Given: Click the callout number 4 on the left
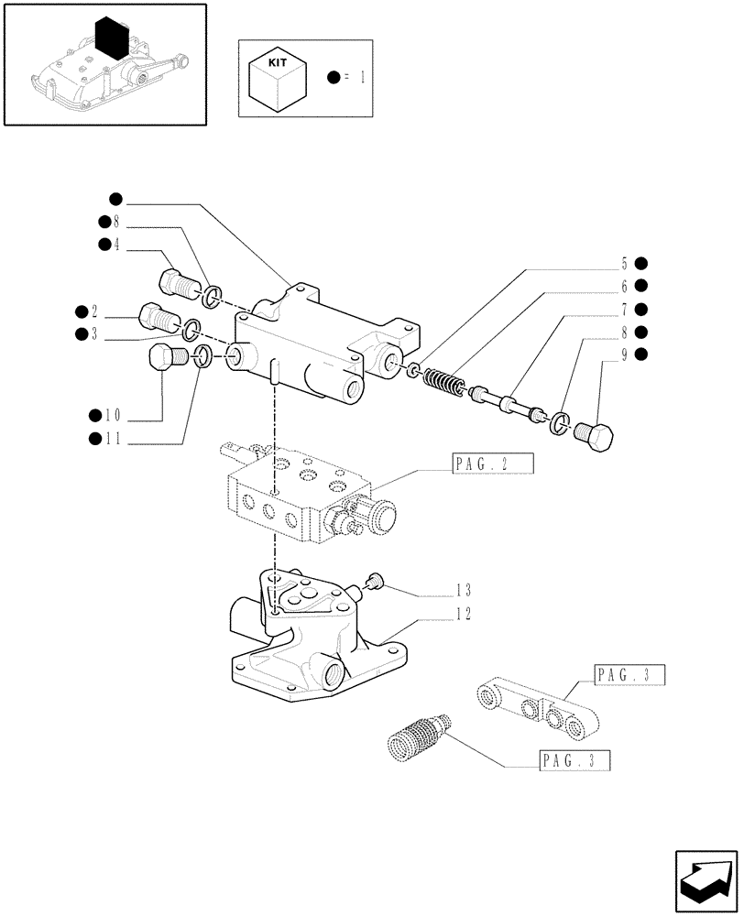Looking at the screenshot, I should point(117,245).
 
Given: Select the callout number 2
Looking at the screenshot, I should point(94,311).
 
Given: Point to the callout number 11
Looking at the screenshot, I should point(112,440).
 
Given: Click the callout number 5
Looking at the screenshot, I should point(624,263).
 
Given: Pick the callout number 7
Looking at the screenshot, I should point(624,309).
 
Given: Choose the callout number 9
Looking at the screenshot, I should point(624,354).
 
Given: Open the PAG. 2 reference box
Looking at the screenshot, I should point(492,463).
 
